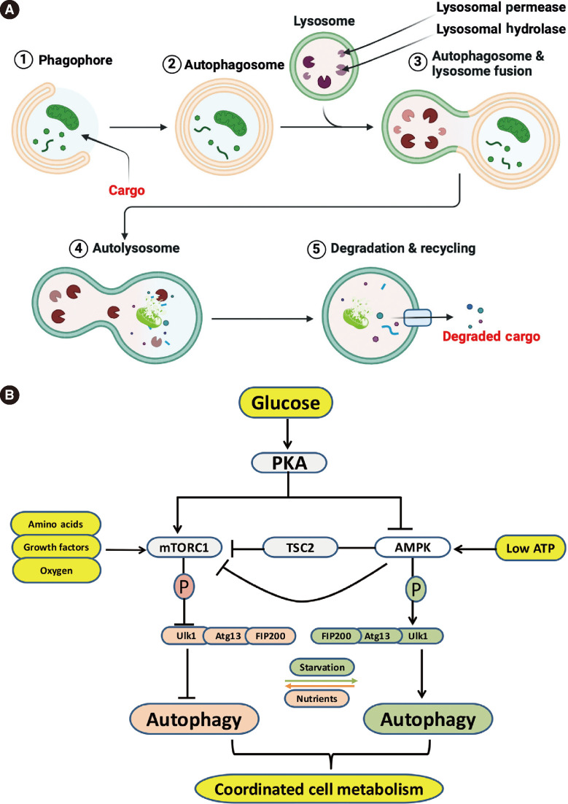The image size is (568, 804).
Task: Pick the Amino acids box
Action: (x=56, y=525)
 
